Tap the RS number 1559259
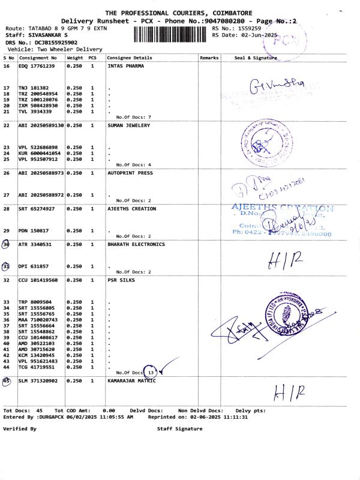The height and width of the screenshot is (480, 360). (x=248, y=28)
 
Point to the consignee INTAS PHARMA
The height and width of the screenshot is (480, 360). (x=126, y=66)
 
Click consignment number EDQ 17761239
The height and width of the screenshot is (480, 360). (x=37, y=66)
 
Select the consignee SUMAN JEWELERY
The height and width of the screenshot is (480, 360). (x=128, y=125)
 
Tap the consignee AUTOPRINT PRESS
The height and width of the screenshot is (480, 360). (x=130, y=173)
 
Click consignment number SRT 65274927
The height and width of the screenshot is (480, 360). (x=37, y=209)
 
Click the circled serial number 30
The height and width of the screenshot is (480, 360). (x=7, y=244)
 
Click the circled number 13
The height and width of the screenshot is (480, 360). (x=151, y=373)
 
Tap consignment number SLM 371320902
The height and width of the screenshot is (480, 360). (x=39, y=381)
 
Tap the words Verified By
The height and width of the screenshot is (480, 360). (x=20, y=429)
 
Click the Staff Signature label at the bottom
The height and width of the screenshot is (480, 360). (x=179, y=429)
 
